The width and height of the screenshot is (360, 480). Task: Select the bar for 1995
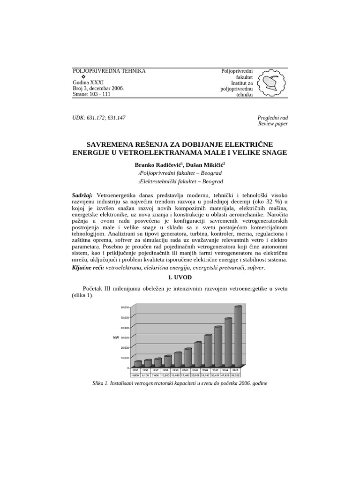coord(137,363)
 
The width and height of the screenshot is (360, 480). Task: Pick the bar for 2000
coord(188,357)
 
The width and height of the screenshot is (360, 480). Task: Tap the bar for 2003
coord(218,345)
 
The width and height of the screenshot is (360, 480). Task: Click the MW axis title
coord(116,337)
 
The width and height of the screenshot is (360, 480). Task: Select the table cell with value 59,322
coord(238,375)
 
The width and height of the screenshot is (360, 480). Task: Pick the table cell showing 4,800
coord(136,375)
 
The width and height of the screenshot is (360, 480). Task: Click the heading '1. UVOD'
coord(180,277)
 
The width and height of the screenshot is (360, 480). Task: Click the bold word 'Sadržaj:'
coord(83,195)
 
